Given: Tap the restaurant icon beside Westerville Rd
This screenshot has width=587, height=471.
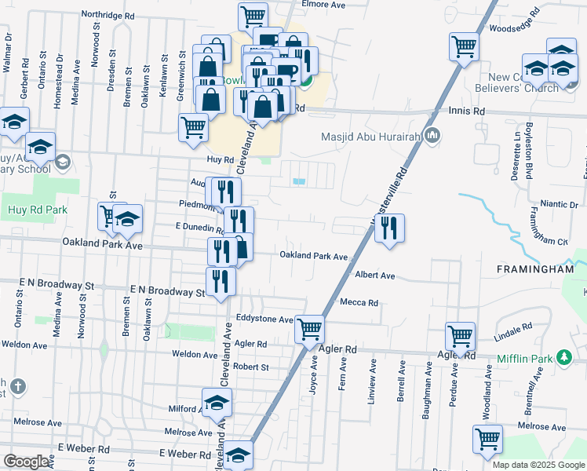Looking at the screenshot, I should (x=388, y=228).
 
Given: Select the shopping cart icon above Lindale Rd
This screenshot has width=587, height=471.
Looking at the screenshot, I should (x=461, y=336).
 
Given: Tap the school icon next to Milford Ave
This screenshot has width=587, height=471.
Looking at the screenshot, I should (x=217, y=403).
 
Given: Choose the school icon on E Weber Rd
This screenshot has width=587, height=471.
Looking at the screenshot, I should (x=238, y=455).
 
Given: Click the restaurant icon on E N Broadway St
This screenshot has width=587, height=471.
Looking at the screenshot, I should (x=221, y=282).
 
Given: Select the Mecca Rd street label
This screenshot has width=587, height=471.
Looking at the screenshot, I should (x=359, y=302).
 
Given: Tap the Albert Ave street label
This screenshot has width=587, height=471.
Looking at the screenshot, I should (x=374, y=276).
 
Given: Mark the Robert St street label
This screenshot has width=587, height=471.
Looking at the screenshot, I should (x=250, y=367).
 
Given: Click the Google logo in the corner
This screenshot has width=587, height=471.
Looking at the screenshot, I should (x=26, y=461).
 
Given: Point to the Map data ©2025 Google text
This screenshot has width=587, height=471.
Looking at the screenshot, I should (x=538, y=465).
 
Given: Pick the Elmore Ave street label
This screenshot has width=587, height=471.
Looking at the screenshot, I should (x=323, y=5).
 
